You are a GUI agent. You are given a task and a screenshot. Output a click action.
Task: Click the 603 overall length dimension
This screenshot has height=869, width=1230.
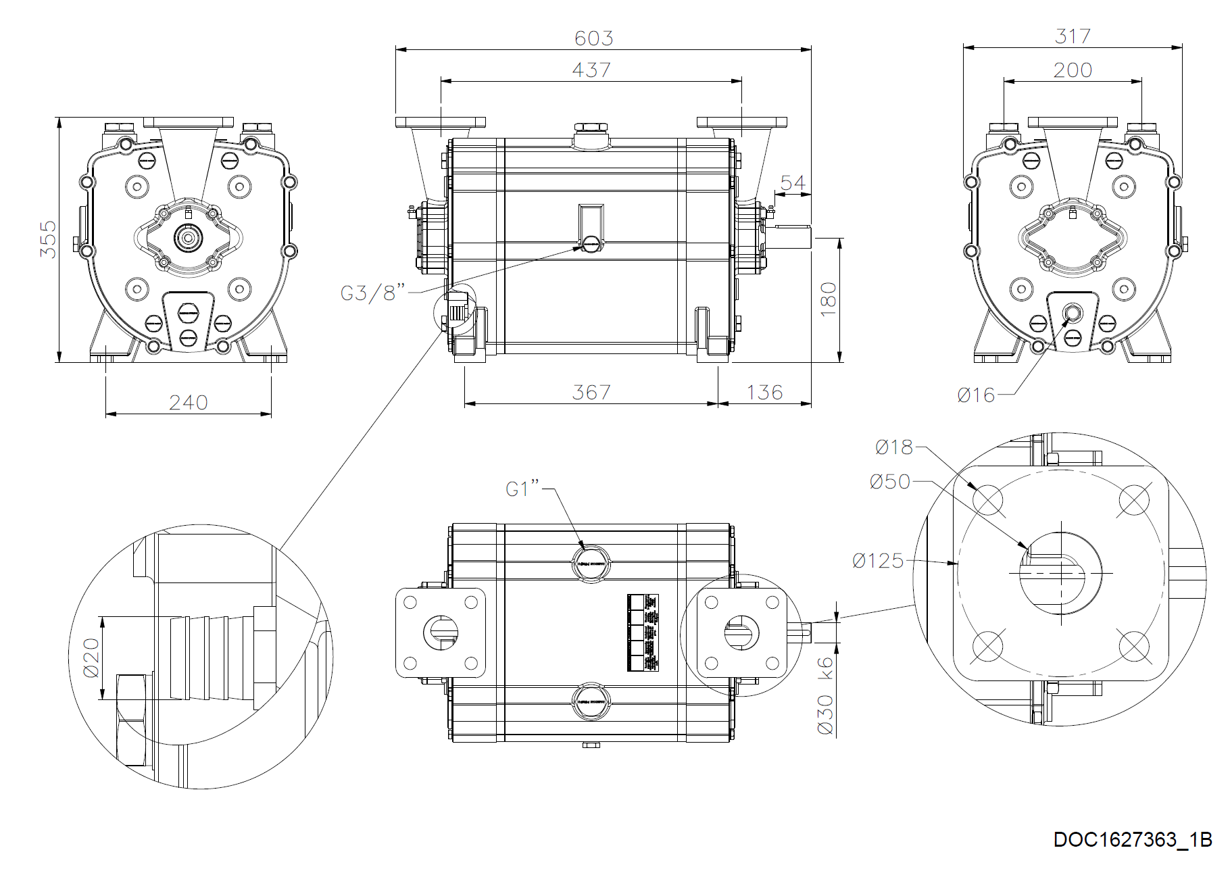[593, 38]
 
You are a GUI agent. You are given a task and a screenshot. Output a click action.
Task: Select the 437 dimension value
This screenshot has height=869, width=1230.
[591, 70]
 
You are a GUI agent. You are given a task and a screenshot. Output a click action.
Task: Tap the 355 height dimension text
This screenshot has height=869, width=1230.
[48, 239]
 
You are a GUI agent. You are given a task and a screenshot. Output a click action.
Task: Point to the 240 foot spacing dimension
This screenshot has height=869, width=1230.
[188, 402]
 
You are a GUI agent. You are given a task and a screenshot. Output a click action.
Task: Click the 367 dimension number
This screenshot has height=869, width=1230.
[591, 392]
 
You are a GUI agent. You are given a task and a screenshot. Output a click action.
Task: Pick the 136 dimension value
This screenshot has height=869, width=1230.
[764, 392]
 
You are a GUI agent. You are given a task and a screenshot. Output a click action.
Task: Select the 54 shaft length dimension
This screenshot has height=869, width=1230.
[792, 182]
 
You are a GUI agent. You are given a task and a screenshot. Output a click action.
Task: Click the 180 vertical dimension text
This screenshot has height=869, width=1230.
[829, 299]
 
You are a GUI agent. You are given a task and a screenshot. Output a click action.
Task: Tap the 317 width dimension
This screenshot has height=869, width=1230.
[1073, 36]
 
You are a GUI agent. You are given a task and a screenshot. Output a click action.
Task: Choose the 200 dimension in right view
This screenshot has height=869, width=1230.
[1073, 70]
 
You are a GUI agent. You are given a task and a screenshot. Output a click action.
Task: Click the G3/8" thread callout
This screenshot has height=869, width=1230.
[372, 293]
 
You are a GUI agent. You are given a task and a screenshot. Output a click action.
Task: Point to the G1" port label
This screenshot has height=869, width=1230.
[522, 489]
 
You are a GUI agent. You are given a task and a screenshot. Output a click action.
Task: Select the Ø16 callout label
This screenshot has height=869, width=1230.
[976, 395]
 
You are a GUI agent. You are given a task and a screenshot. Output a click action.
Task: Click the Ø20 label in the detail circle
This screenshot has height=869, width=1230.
[91, 657]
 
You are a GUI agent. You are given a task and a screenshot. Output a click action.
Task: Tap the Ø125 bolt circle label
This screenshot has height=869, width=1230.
[877, 560]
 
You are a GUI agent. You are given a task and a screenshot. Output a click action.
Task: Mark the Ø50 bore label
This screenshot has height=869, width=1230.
[889, 481]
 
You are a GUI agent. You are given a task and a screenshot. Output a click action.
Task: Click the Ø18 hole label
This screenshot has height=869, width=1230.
[893, 447]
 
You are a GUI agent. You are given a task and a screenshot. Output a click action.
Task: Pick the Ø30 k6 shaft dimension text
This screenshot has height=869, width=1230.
[826, 696]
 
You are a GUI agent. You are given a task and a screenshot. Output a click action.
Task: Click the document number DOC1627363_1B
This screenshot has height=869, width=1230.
[1132, 839]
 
